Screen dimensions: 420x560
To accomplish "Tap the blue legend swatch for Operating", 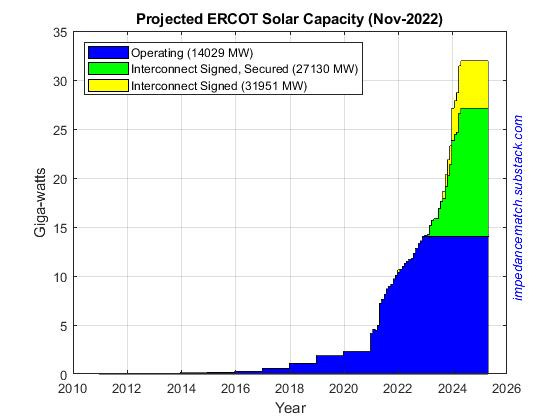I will pyautogui.click(x=108, y=51).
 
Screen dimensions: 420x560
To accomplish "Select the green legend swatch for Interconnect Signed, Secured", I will pyautogui.click(x=108, y=68).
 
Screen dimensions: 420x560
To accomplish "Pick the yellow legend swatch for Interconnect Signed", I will pyautogui.click(x=108, y=85).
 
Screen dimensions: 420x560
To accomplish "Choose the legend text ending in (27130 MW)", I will pyautogui.click(x=245, y=68).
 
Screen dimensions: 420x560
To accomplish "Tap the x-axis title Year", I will pyautogui.click(x=289, y=407).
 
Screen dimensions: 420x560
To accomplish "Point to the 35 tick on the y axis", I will pyautogui.click(x=60, y=32).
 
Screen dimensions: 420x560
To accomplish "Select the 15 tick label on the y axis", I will pyautogui.click(x=60, y=228).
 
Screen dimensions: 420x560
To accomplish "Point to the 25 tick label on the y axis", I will pyautogui.click(x=60, y=130).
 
